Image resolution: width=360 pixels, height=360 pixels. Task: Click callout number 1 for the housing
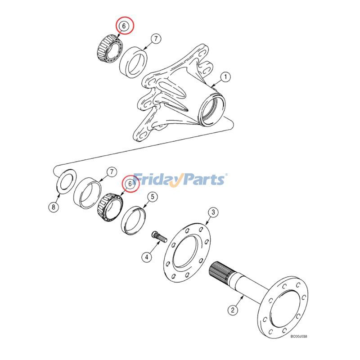pos(225,77)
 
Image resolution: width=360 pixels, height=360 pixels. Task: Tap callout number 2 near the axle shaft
pos(233,310)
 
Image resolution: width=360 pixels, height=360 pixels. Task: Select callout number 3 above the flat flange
pos(213,212)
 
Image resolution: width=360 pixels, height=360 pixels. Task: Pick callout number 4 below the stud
pos(147,256)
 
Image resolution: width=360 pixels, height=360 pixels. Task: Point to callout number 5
pos(153,197)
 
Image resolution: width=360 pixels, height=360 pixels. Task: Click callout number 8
pos(54,207)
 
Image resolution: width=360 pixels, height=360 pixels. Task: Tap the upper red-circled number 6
pos(124,26)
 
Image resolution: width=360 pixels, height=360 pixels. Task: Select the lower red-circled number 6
pos(130,184)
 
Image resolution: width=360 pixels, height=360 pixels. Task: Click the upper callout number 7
pos(156,39)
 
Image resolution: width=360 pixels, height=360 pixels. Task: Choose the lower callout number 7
pos(112,172)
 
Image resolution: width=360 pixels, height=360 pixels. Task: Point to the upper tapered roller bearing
pos(110,49)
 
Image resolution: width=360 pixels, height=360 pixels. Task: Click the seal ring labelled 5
pos(133,221)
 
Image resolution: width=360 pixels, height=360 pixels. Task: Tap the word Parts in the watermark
pos(202,179)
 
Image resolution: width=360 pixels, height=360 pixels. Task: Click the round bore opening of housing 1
pos(212,110)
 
